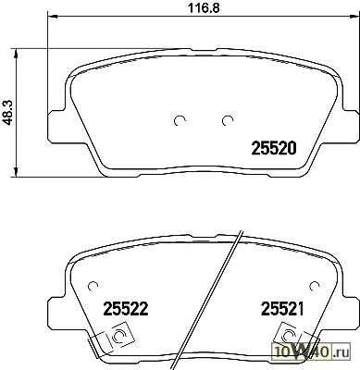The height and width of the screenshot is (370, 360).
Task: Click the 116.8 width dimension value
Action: click(x=204, y=8)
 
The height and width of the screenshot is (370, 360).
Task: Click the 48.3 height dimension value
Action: click(x=7, y=112)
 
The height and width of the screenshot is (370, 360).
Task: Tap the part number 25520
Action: click(x=274, y=148)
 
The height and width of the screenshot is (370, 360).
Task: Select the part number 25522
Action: click(x=126, y=309)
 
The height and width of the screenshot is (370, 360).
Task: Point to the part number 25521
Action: click(x=282, y=309)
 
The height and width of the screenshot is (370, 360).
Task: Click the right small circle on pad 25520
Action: click(x=228, y=121)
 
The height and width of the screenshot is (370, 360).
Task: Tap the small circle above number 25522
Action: click(x=93, y=287)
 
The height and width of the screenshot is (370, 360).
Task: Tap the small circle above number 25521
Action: click(x=315, y=287)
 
